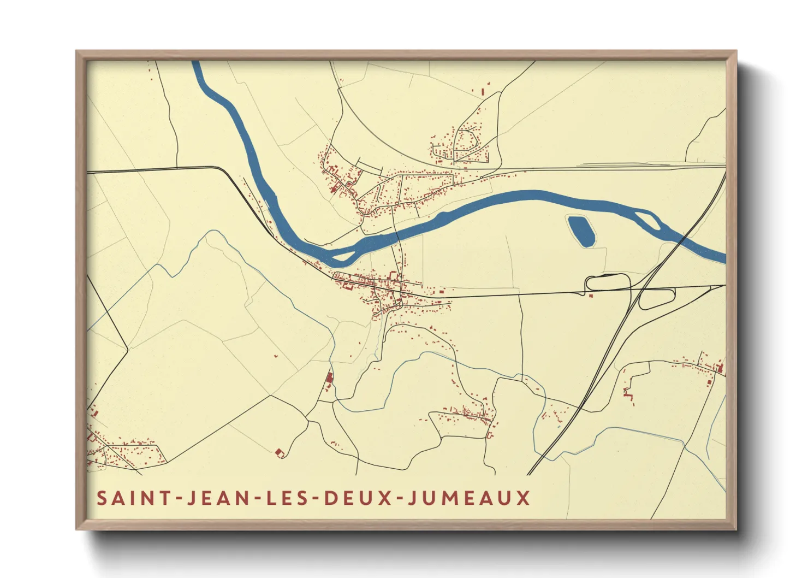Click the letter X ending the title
pyautogui.click(x=524, y=498)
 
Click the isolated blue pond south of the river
pyautogui.click(x=581, y=231)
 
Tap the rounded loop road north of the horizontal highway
pyautogui.click(x=607, y=281)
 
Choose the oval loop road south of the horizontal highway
pyautogui.click(x=657, y=298)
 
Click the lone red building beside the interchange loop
pyautogui.click(x=591, y=296)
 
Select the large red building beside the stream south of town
pyautogui.click(x=330, y=378)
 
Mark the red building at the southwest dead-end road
pyautogui.click(x=280, y=452)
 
